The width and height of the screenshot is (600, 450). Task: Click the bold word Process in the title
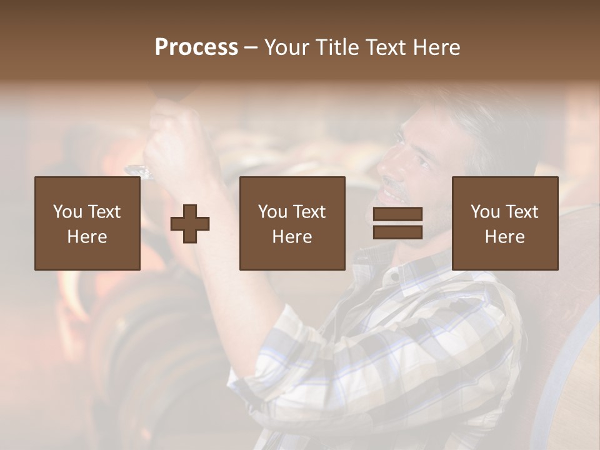pyautogui.click(x=196, y=47)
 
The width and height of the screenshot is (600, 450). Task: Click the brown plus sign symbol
pyautogui.click(x=190, y=224)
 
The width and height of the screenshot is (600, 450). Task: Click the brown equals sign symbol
pyautogui.click(x=397, y=223)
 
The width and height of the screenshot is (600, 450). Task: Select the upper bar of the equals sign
pyautogui.click(x=397, y=214)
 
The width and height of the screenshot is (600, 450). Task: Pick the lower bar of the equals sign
pyautogui.click(x=397, y=232)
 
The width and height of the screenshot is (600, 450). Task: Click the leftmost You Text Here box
pyautogui.click(x=87, y=223)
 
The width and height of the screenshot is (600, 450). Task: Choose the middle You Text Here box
pyautogui.click(x=292, y=223)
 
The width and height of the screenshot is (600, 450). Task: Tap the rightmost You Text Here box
pyautogui.click(x=504, y=223)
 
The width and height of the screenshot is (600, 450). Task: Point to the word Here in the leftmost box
pyautogui.click(x=87, y=237)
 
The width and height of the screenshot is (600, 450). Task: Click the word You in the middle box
pyautogui.click(x=272, y=212)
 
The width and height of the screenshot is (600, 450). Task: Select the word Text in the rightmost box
pyautogui.click(x=521, y=212)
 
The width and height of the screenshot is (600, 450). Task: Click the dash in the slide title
pyautogui.click(x=251, y=47)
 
